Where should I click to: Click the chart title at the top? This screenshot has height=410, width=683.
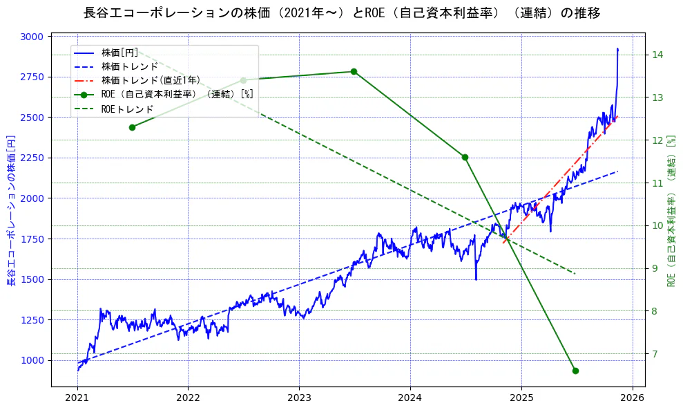(x=341, y=13)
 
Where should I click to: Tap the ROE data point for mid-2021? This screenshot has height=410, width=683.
(x=132, y=127)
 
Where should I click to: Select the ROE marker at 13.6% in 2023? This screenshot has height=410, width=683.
(x=354, y=71)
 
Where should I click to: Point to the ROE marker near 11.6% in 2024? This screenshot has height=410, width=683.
(x=465, y=157)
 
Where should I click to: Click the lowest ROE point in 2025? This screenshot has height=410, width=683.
(x=575, y=371)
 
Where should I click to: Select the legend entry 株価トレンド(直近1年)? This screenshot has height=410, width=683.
(x=151, y=81)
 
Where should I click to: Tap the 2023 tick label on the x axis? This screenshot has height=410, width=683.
(x=299, y=398)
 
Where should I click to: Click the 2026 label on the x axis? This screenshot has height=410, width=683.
(x=632, y=398)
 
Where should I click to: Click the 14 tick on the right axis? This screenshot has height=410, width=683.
(x=657, y=55)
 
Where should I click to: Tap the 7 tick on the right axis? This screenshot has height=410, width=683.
(x=655, y=354)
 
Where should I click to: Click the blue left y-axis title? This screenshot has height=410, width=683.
(x=11, y=211)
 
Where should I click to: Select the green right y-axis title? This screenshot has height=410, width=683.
(x=671, y=211)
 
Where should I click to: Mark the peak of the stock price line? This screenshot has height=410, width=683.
(x=617, y=48)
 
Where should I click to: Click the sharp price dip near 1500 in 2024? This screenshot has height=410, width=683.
(x=476, y=279)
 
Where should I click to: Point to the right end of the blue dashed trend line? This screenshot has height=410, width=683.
(x=617, y=171)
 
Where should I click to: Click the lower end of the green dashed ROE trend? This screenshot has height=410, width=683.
(x=575, y=274)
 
